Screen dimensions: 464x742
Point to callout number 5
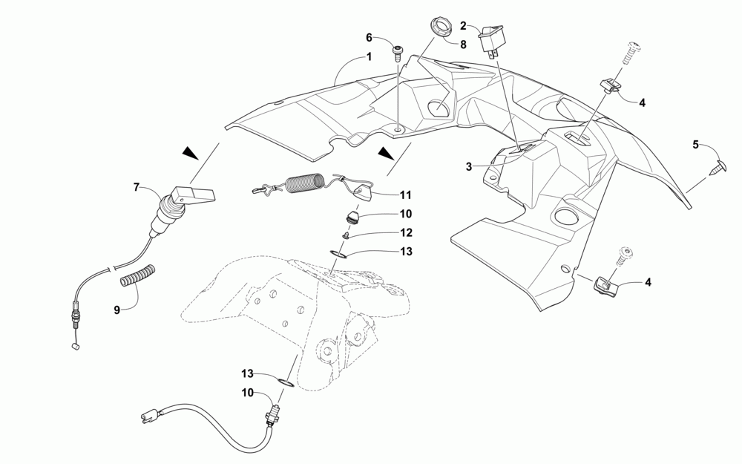click(696, 145)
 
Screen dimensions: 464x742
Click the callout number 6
click(369, 38)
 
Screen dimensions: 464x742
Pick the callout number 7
click(137, 188)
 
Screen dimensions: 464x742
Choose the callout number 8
click(463, 45)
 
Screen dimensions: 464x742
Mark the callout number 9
click(116, 310)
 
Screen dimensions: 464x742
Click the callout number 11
click(405, 195)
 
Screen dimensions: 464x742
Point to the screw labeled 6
click(398, 53)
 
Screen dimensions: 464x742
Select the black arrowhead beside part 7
click(192, 152)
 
